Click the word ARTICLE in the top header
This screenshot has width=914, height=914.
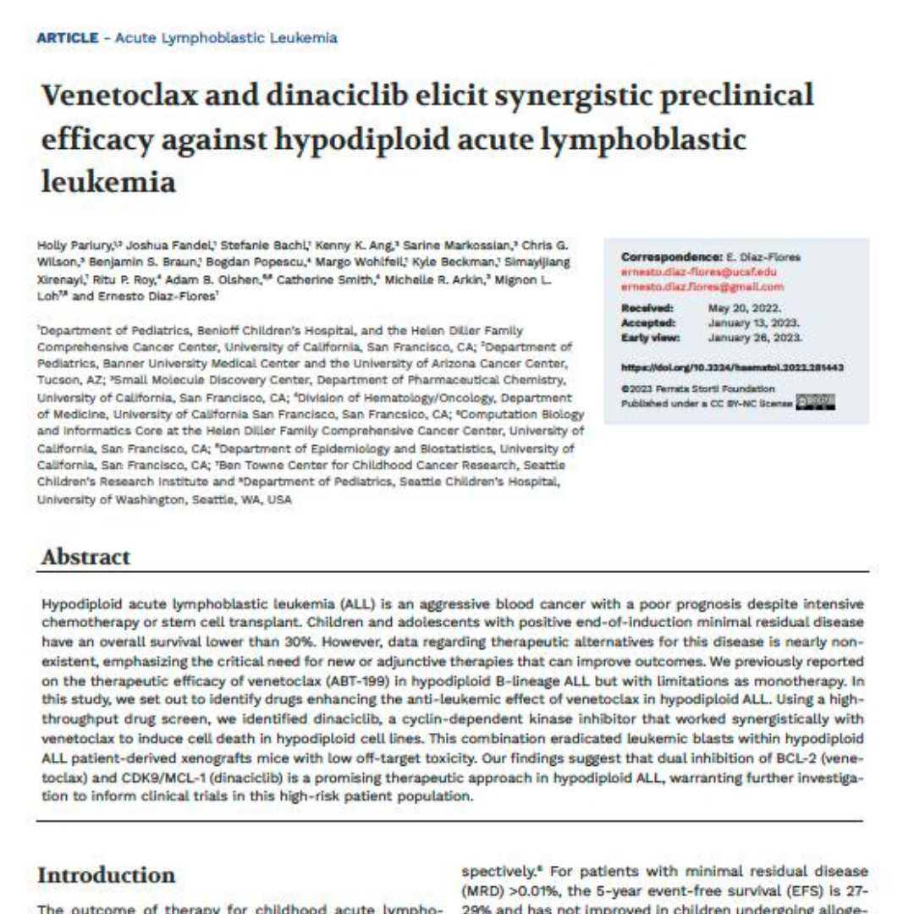[68, 38]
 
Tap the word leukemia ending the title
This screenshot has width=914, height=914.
[108, 180]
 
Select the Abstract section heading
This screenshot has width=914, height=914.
[85, 557]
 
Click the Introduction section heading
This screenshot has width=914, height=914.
[106, 875]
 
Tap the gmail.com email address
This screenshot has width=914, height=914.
[702, 288]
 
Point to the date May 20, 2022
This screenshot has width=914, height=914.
[745, 308]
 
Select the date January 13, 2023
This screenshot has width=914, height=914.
[753, 322]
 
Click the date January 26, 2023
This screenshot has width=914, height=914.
[755, 337]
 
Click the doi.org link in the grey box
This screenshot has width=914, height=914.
[732, 367]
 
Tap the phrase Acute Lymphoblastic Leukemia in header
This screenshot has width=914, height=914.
[226, 38]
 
